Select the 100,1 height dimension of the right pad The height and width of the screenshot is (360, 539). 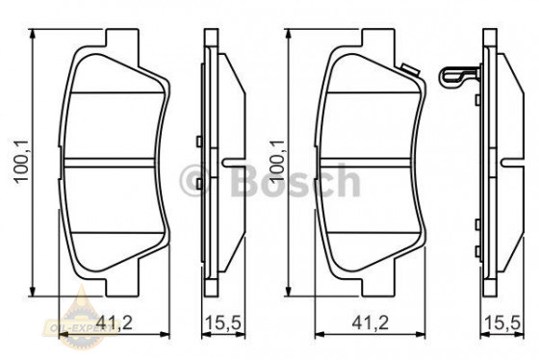pyautogui.click(x=278, y=163)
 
